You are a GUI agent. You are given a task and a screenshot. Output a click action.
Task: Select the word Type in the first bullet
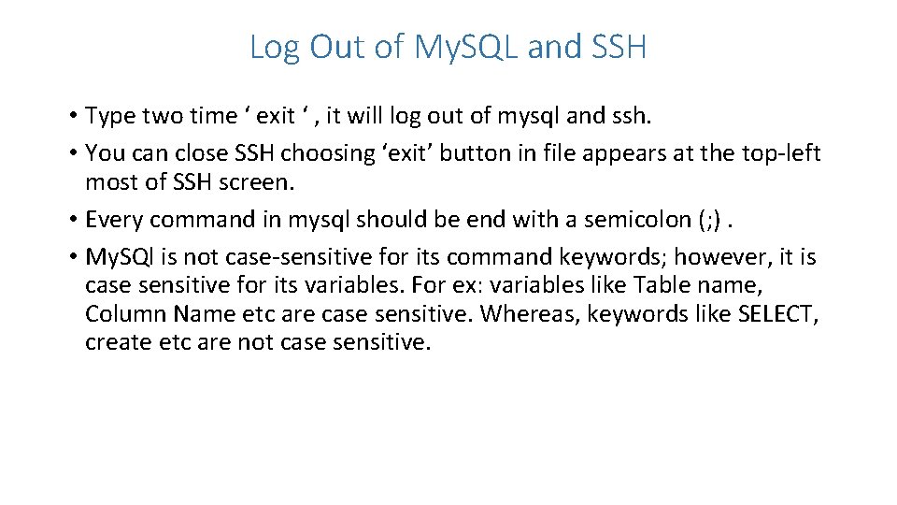point(109,116)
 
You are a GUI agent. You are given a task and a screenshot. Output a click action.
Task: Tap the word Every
point(113,220)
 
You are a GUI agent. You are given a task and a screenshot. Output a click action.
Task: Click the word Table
point(660,284)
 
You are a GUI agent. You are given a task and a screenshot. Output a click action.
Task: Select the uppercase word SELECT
point(783,313)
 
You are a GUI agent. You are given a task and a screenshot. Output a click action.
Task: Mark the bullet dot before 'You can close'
point(72,152)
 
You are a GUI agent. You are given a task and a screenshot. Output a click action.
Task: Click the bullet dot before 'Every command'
point(72,220)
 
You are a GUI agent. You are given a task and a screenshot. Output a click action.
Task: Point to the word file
point(554,152)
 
